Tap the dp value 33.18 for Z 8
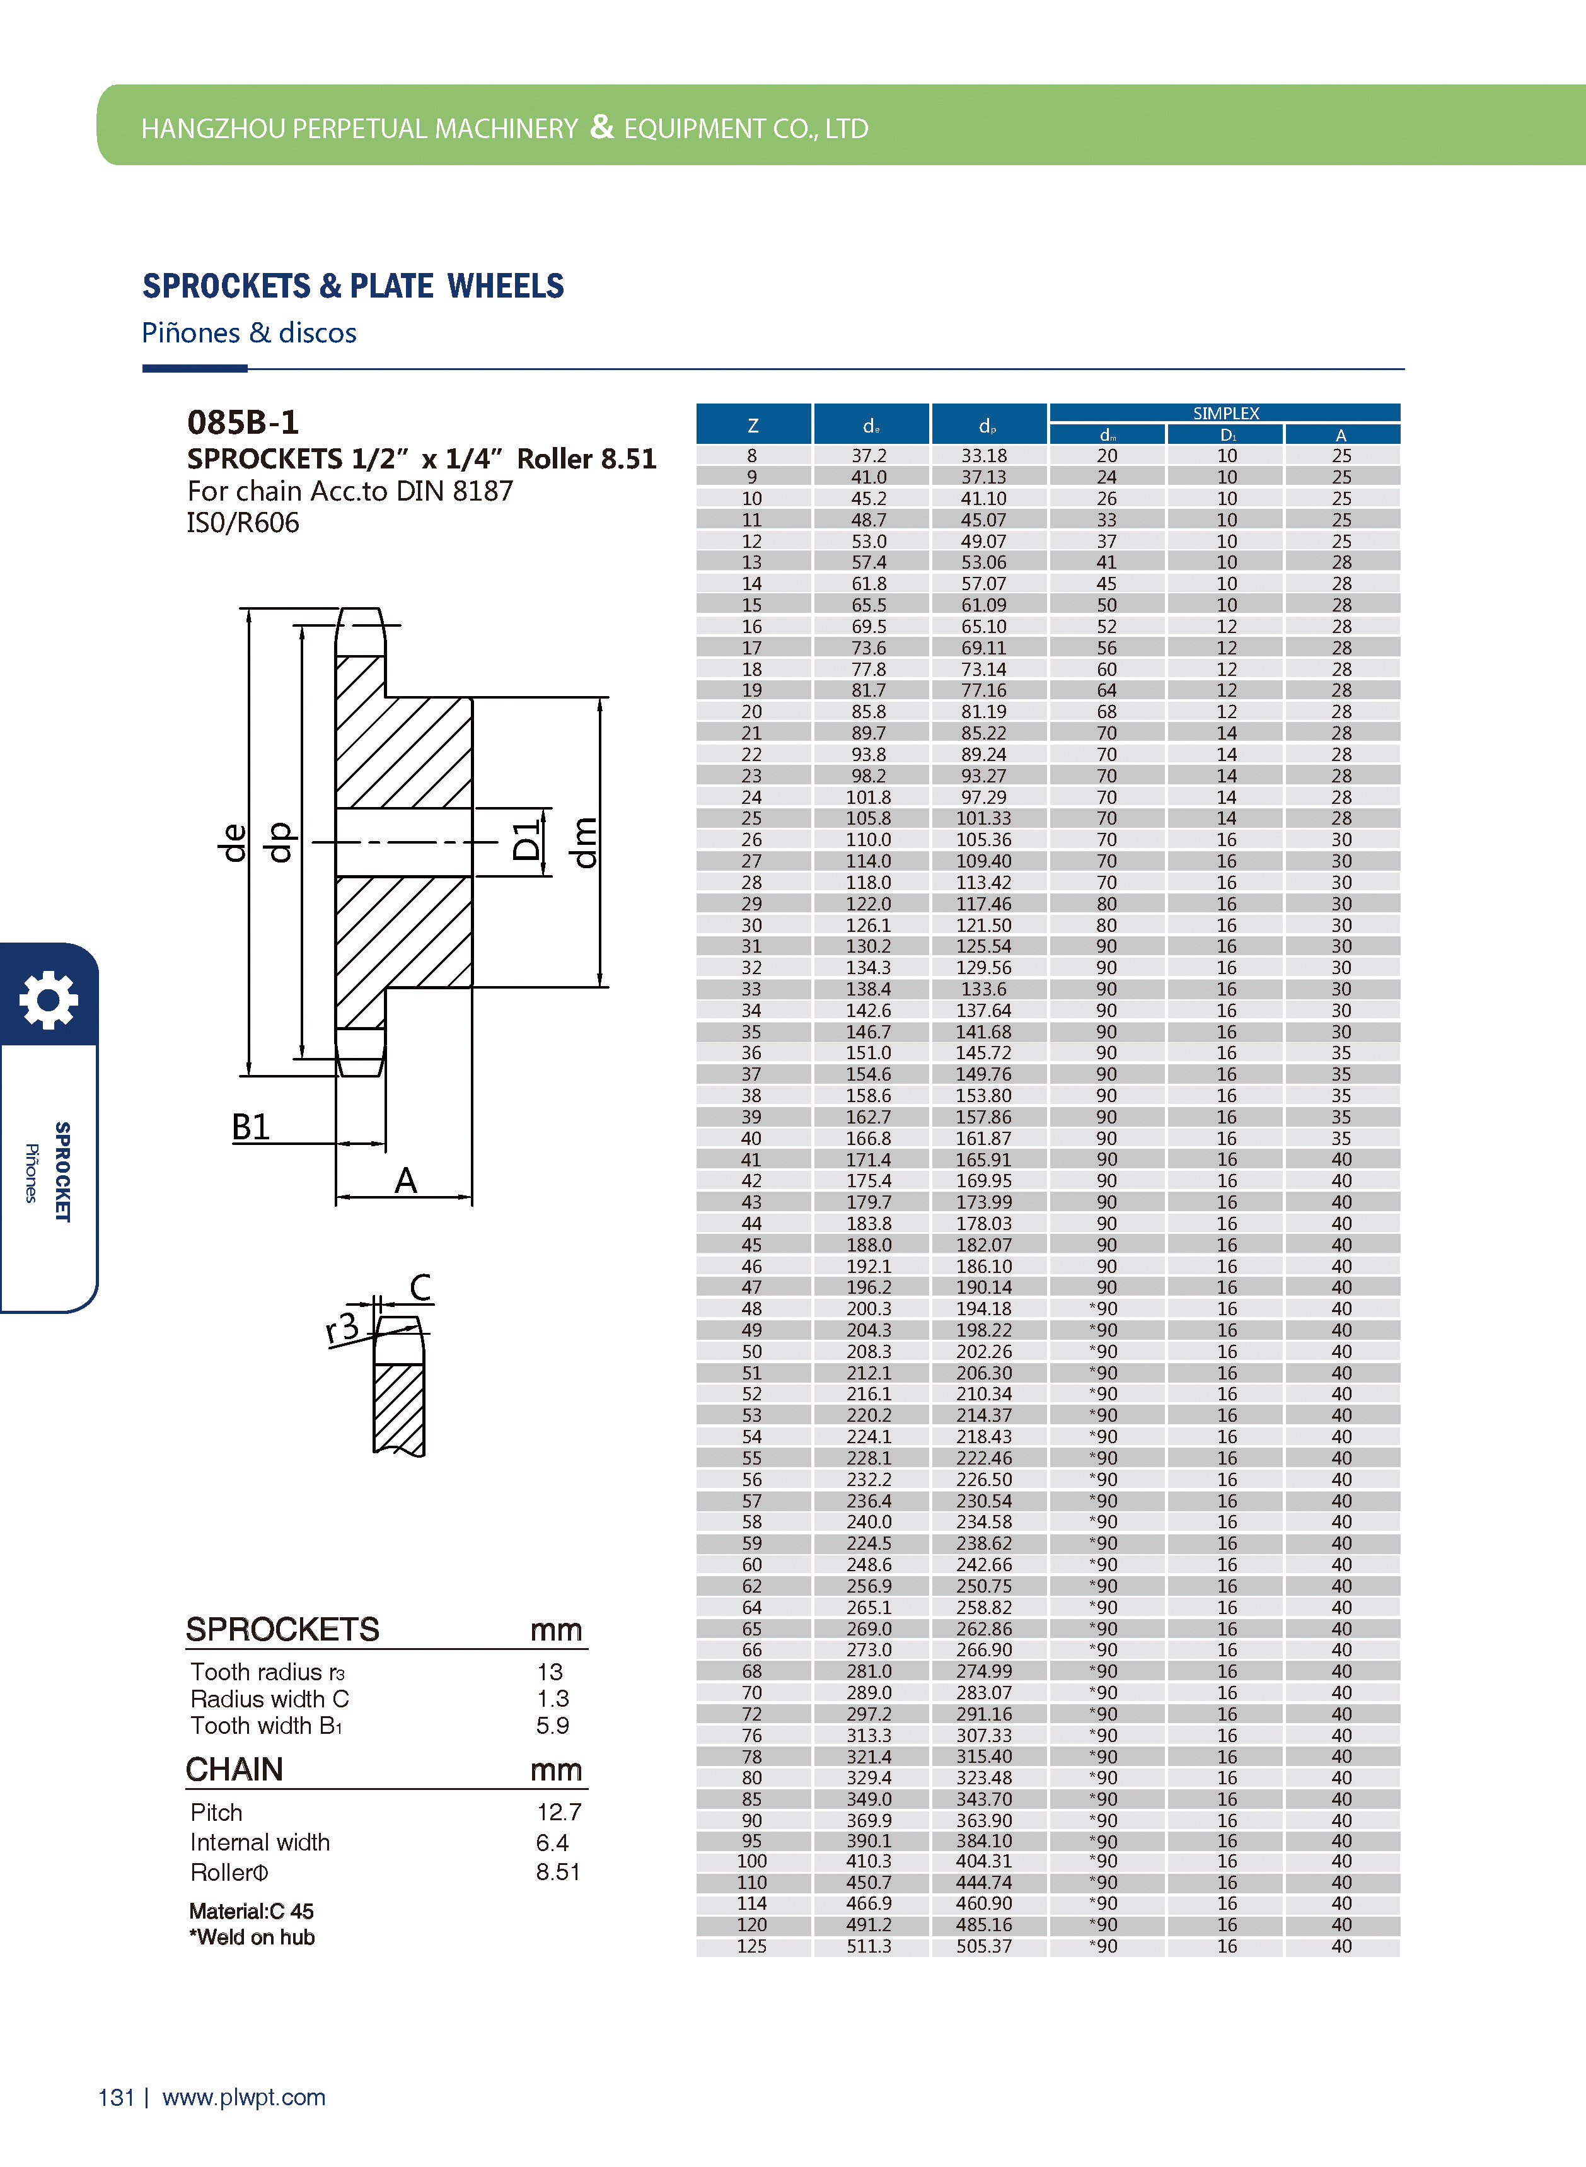coord(984,456)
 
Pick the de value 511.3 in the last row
coord(869,1946)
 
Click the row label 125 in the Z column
coord(752,1946)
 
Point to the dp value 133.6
coord(984,989)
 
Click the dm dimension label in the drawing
coord(584,842)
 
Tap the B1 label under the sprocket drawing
coord(251,1126)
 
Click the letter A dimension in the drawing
coord(405,1180)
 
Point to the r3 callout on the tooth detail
coord(342,1328)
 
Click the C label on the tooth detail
coord(420,1287)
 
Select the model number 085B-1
coord(243,422)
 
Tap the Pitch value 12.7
coord(559,1812)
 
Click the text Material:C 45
coord(252,1910)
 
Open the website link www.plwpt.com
coord(244,2098)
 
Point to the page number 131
coord(116,2098)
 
